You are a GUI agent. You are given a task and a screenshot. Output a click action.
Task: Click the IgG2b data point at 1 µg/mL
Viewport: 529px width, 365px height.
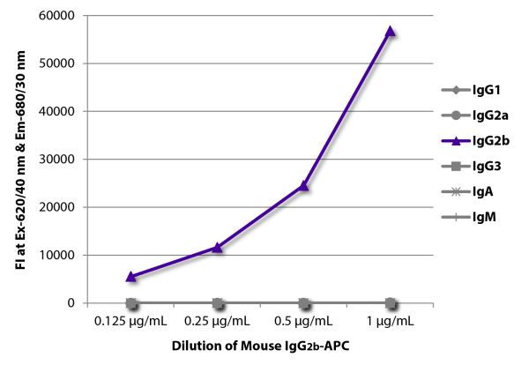tap(390, 31)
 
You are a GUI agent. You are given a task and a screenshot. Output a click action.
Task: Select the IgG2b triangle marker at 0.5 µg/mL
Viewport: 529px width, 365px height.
tap(304, 185)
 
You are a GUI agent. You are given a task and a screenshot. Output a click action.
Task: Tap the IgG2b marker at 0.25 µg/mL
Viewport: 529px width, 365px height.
tap(218, 247)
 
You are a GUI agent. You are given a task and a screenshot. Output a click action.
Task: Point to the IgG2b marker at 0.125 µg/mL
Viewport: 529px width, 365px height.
tap(131, 276)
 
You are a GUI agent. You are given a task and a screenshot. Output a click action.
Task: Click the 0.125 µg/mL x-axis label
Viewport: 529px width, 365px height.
tap(131, 321)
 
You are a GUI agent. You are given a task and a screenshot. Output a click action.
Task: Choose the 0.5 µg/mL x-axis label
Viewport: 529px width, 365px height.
tap(304, 321)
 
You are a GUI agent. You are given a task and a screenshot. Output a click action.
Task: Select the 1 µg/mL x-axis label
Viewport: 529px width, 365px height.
tap(390, 321)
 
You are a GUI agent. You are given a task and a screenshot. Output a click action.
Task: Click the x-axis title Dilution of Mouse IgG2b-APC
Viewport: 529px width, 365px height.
tap(261, 347)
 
